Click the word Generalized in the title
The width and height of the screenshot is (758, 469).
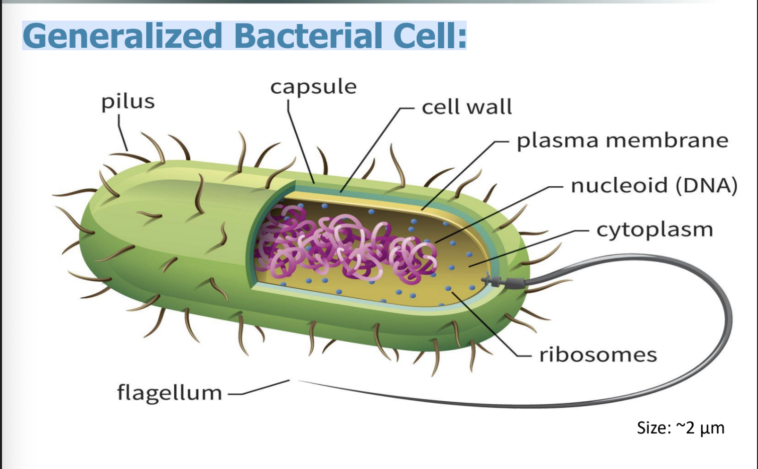pos(122,36)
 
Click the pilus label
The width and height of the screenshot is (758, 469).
pos(128,102)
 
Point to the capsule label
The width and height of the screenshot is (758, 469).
pos(313,87)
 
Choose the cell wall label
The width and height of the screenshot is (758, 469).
pos(466,107)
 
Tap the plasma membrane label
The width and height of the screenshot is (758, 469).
pos(622,141)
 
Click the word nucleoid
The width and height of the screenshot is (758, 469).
pos(619,185)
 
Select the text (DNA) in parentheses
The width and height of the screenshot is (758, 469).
pos(706,185)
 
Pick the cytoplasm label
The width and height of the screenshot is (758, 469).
pos(655,229)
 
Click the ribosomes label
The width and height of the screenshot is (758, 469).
pos(598,355)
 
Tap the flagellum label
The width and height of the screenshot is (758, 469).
pos(169,392)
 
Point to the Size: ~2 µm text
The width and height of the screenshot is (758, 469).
pos(680,428)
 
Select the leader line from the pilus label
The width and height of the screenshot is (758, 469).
pos(122,133)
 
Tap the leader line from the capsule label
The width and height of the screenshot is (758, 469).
pos(300,146)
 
